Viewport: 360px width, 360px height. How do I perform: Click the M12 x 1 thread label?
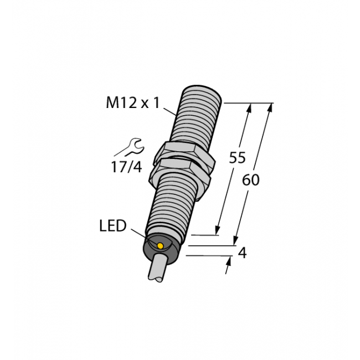click(132, 102)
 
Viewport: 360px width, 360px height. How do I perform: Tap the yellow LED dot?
click(160, 246)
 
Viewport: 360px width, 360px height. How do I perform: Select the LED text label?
click(113, 226)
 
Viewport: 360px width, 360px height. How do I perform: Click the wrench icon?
click(130, 147)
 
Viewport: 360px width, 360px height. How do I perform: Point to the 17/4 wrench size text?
click(126, 167)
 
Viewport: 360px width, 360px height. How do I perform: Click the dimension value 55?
click(238, 158)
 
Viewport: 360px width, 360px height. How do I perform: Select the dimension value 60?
click(251, 180)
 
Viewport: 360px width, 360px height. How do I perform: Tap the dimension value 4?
click(242, 253)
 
